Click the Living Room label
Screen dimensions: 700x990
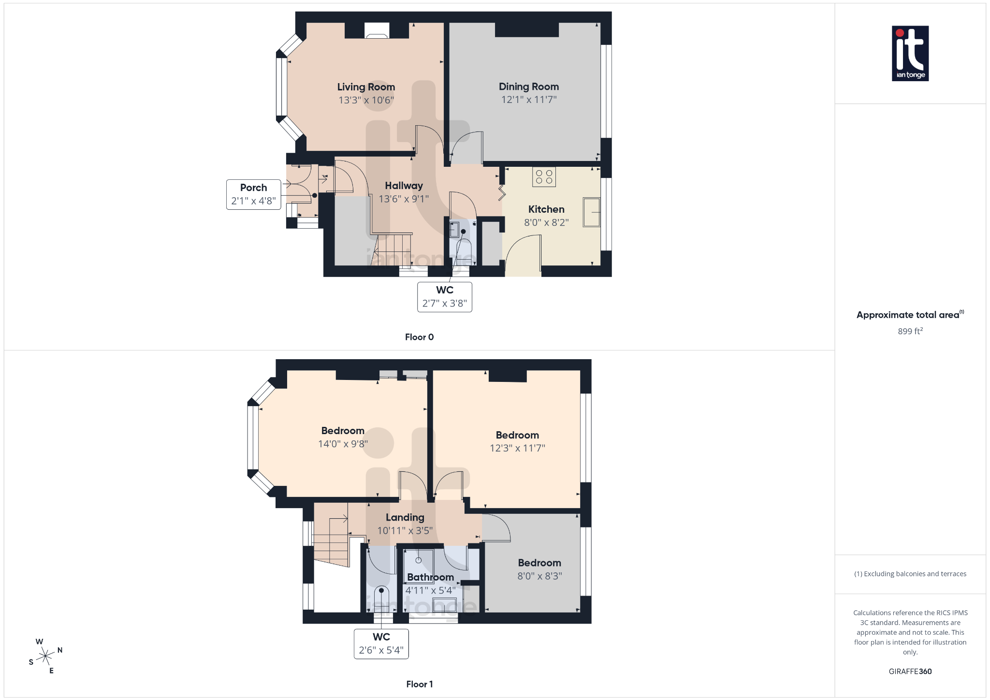pos(366,87)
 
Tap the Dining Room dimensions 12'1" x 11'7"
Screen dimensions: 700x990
pos(529,100)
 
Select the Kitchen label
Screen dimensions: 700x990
pos(546,209)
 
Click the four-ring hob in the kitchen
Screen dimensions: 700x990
pos(544,177)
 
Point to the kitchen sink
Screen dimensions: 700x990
pos(591,212)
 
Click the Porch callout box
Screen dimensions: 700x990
pos(253,194)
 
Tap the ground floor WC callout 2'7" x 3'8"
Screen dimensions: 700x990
pos(445,297)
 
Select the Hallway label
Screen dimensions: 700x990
pos(404,186)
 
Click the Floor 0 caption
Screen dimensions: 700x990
pos(419,337)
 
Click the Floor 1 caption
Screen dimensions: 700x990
pos(419,684)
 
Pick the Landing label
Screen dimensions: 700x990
pos(405,517)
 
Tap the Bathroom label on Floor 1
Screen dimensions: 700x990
pos(430,577)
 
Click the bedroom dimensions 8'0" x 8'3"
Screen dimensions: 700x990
pos(539,576)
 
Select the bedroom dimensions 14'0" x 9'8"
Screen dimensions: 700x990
pos(343,444)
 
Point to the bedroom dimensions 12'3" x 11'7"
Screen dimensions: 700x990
pos(517,448)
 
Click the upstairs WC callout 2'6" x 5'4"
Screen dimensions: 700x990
pos(381,644)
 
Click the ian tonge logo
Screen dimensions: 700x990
pos(910,53)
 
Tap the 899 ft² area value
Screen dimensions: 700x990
pos(910,331)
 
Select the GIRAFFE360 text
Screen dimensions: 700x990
pos(910,671)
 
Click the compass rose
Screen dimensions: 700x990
pos(45,656)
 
